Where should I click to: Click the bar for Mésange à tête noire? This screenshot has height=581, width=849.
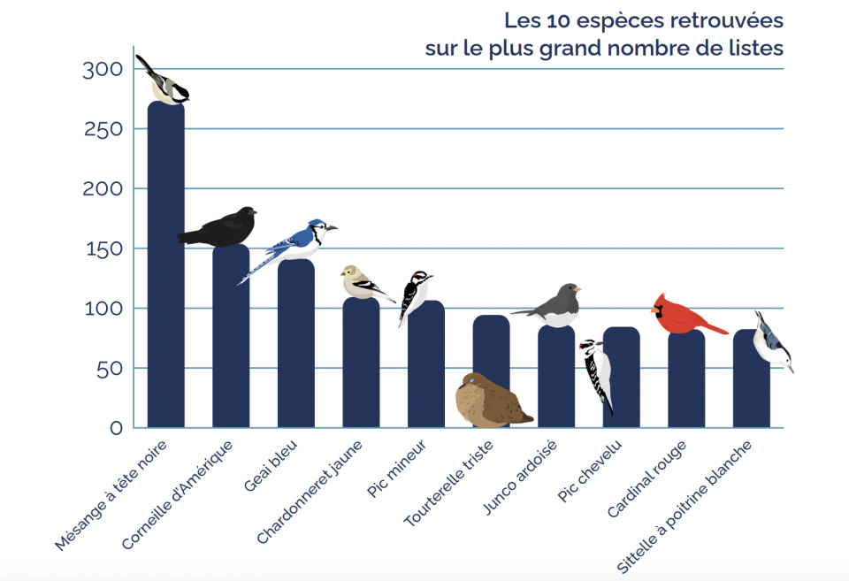tap(165, 265)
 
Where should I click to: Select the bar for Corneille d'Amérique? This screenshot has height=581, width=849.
tap(231, 336)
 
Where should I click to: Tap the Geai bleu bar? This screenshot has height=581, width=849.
tap(296, 345)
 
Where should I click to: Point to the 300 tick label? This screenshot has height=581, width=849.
tap(103, 70)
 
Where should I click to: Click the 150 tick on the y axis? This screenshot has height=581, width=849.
tap(103, 248)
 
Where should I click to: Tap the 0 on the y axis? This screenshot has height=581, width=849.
tap(116, 428)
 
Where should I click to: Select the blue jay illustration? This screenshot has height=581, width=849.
tap(296, 242)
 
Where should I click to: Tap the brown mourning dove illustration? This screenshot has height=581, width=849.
tap(489, 401)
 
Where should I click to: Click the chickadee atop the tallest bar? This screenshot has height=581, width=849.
tap(165, 83)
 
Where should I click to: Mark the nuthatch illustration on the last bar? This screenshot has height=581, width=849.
tap(771, 340)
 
